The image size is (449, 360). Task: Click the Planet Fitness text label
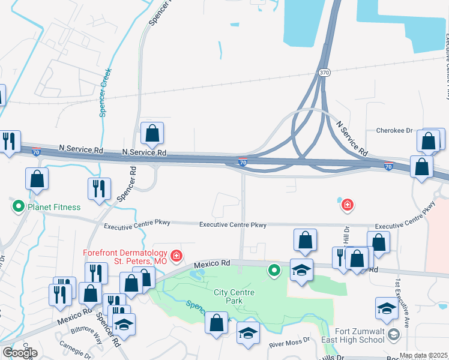click(53, 208)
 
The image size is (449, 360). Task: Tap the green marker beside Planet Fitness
click(18, 208)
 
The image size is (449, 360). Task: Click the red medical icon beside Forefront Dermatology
click(176, 256)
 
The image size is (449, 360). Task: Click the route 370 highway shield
click(324, 73)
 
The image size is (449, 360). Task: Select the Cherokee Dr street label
click(395, 130)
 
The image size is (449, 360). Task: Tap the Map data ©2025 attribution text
click(423, 356)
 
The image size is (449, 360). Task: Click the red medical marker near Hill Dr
click(346, 206)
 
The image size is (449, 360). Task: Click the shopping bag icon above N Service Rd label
click(152, 133)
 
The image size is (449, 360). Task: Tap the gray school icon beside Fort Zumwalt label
click(394, 334)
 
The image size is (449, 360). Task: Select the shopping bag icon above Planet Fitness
click(37, 178)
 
